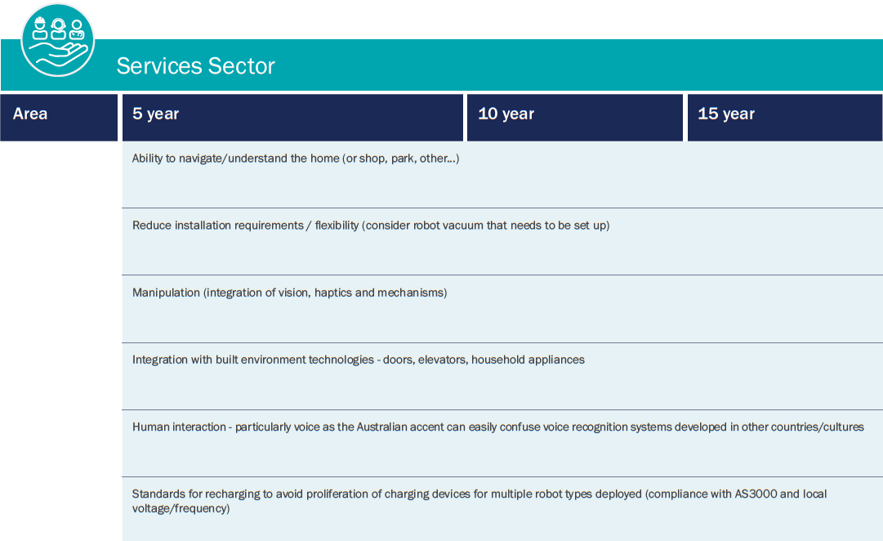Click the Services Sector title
195,65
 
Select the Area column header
30,114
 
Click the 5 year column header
156,114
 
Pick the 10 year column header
506,114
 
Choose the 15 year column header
726,114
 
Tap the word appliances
556,360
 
